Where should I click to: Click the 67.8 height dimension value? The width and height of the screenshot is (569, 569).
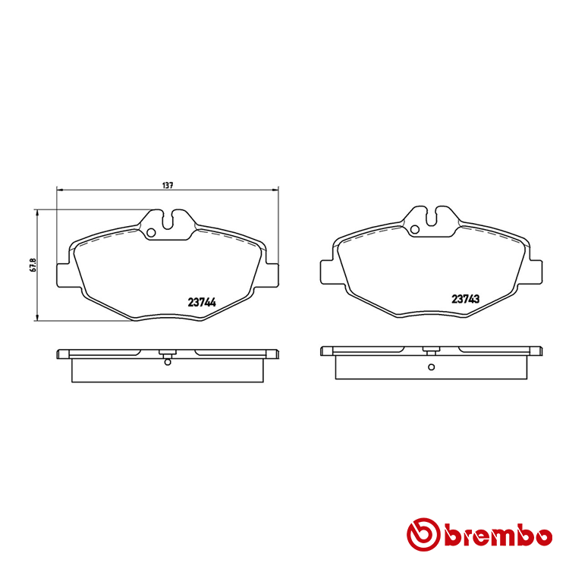click(x=31, y=266)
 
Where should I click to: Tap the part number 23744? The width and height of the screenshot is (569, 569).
click(x=201, y=302)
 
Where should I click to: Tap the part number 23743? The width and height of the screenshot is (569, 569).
click(x=465, y=299)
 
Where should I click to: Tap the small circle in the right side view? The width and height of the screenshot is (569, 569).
click(x=430, y=367)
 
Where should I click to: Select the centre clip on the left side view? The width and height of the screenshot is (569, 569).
click(x=168, y=353)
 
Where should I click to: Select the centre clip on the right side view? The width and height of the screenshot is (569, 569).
click(x=430, y=351)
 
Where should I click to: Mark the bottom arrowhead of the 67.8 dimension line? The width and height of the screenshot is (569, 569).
click(x=37, y=317)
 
